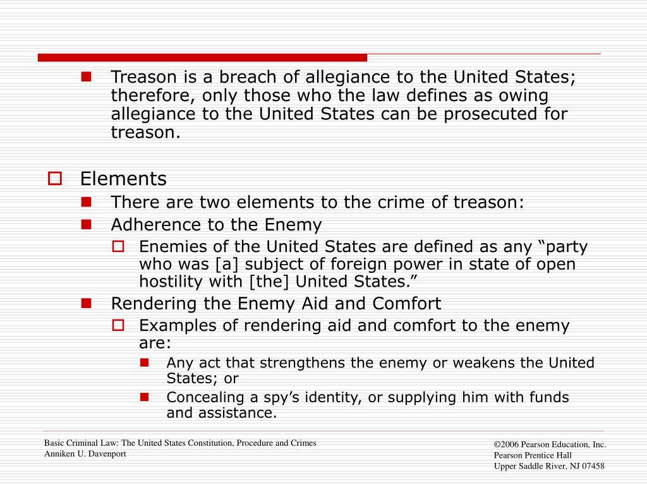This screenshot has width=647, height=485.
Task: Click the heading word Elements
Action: coord(123,179)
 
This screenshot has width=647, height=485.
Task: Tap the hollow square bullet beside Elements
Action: coord(54,179)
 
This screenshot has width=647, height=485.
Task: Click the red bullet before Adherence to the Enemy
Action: coord(87,224)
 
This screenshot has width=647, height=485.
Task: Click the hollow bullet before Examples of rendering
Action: coord(118,325)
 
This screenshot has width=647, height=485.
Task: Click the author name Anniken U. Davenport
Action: coord(85,454)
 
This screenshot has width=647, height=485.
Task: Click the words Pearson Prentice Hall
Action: coord(533,455)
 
